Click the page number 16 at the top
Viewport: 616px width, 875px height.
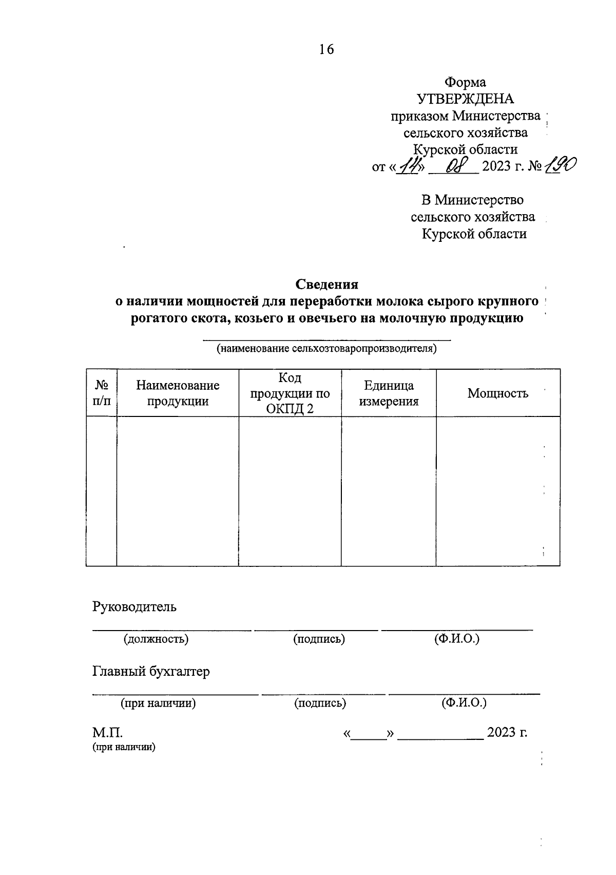326,49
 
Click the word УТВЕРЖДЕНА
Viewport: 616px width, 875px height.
465,99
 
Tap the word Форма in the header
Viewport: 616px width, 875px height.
465,82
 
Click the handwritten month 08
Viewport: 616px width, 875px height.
454,166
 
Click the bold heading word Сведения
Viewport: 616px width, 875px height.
326,284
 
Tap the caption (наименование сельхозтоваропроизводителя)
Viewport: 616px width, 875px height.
326,349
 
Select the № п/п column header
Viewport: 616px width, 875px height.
102,393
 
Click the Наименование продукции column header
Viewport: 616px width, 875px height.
178,393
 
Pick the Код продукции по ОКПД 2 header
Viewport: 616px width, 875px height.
290,393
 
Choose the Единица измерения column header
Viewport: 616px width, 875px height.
389,393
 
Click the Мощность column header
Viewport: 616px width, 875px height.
497,393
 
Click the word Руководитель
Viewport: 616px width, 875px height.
134,606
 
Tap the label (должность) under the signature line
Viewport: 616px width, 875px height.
156,639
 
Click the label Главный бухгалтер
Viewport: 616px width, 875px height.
151,671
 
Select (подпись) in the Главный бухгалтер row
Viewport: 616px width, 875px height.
320,703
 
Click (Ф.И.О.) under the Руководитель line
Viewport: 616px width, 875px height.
456,639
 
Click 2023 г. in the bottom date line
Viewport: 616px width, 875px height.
507,732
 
